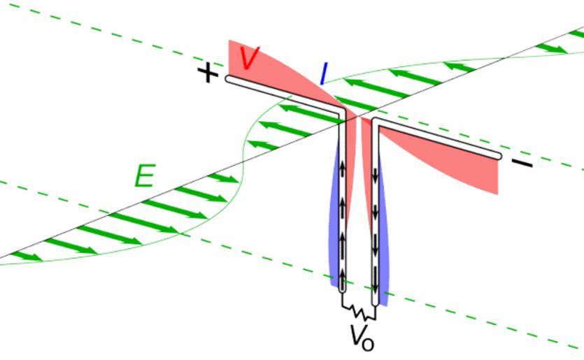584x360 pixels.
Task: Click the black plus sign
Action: coord(207,73)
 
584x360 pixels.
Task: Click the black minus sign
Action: coord(522,164)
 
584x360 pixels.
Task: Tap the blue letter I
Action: coord(323,73)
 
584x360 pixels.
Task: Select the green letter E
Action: coord(144,177)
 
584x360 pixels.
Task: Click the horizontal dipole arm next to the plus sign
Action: coord(280,94)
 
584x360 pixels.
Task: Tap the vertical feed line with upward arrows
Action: coord(343,210)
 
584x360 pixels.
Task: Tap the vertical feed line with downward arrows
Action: coord(376,210)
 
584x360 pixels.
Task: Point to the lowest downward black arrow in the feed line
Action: coord(376,283)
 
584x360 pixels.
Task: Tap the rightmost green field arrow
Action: coord(552,49)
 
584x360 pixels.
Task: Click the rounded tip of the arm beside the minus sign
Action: coord(497,155)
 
